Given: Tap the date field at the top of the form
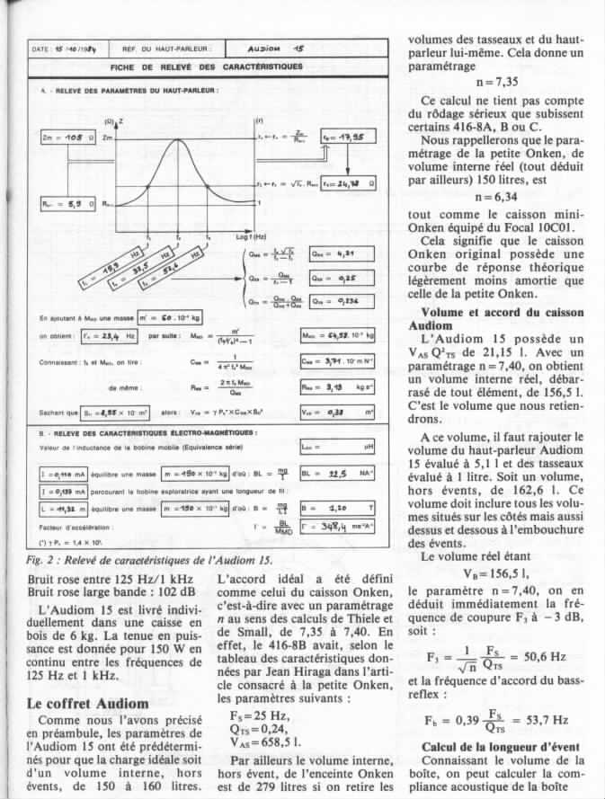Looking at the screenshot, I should tap(67, 49).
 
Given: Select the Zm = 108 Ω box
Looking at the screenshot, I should tap(69, 138).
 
